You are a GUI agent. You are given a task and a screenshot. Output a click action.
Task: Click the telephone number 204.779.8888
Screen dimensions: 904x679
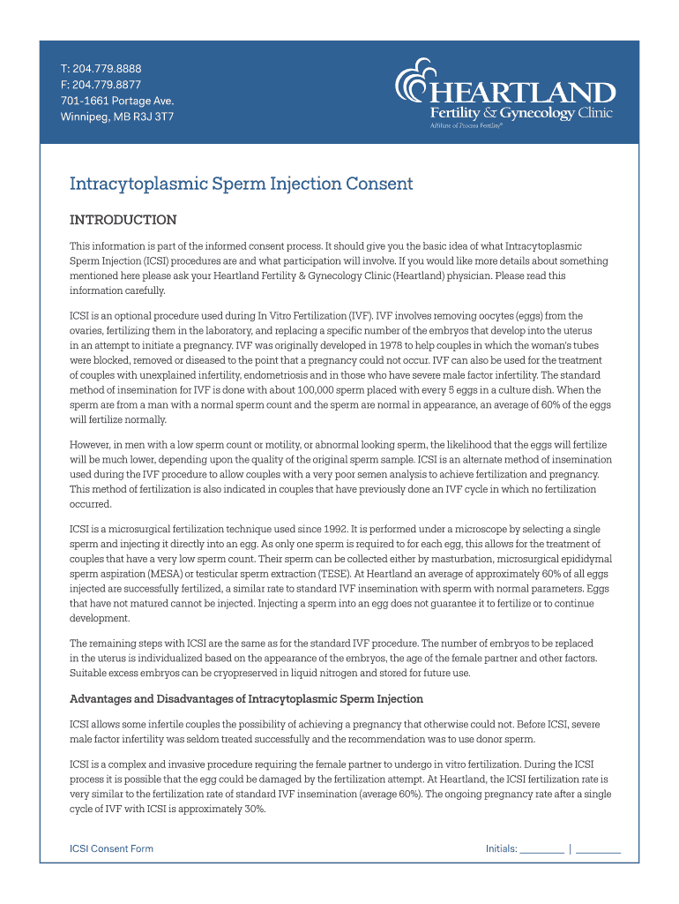tap(106, 69)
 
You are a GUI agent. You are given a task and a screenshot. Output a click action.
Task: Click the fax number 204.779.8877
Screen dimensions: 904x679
tap(106, 85)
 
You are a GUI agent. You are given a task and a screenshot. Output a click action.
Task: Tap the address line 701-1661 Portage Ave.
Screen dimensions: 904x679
tap(110, 101)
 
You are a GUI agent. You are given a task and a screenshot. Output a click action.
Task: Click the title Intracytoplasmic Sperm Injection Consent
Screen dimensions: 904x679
tap(241, 184)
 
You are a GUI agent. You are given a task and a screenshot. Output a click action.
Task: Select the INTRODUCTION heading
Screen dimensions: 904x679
tap(123, 220)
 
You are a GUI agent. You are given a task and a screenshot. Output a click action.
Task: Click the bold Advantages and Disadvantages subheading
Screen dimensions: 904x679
tap(246, 699)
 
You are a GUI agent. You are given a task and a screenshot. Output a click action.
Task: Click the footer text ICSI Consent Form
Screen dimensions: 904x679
tap(111, 848)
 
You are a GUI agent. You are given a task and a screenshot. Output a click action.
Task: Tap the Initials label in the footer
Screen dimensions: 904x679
tap(500, 848)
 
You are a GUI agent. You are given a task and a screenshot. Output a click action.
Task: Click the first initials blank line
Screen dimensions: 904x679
tap(541, 851)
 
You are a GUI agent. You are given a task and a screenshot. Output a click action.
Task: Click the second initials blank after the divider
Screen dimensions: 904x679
tap(598, 851)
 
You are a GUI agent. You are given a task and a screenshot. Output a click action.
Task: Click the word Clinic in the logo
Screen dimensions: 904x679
tap(595, 113)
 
